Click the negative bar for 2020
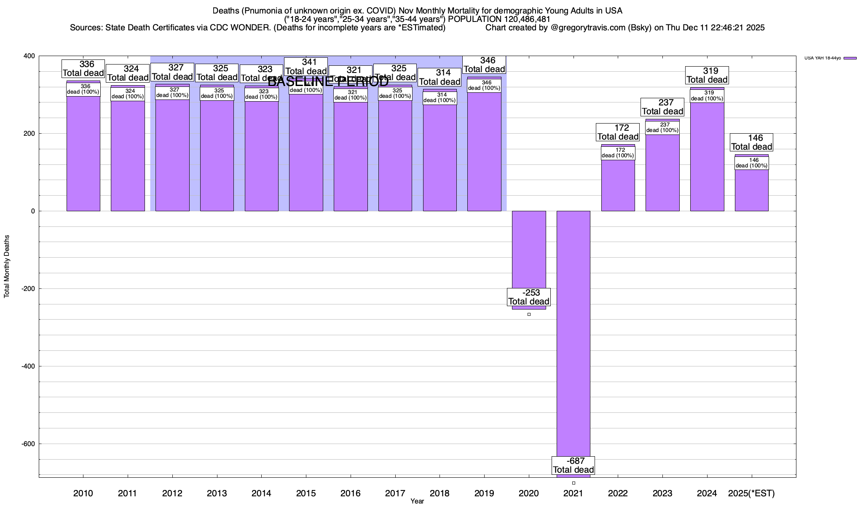529,249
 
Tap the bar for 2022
618,186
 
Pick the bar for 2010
83,156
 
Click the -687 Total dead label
574,466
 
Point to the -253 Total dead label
529,297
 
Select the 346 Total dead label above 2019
485,65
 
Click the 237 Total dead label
662,107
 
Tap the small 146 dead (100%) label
752,163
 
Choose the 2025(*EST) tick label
751,493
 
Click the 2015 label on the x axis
306,493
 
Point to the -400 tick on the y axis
28,366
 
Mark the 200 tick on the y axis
29,134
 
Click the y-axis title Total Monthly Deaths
7,266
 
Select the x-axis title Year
417,501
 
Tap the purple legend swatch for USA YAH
850,58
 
